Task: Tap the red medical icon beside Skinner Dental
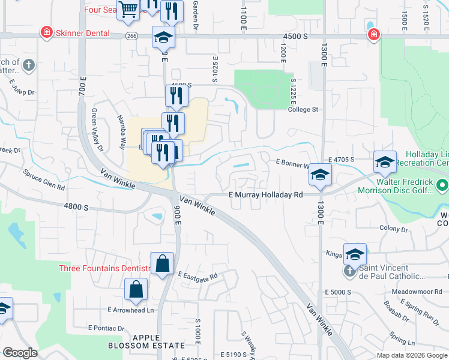pos(46,32)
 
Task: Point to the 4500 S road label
pos(295,37)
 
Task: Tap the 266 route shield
pos(131,36)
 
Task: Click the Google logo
pos(20,353)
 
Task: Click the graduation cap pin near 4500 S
pos(163,37)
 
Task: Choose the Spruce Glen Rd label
pos(44,179)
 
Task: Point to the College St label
pos(303,110)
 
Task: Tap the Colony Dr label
pos(394,229)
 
